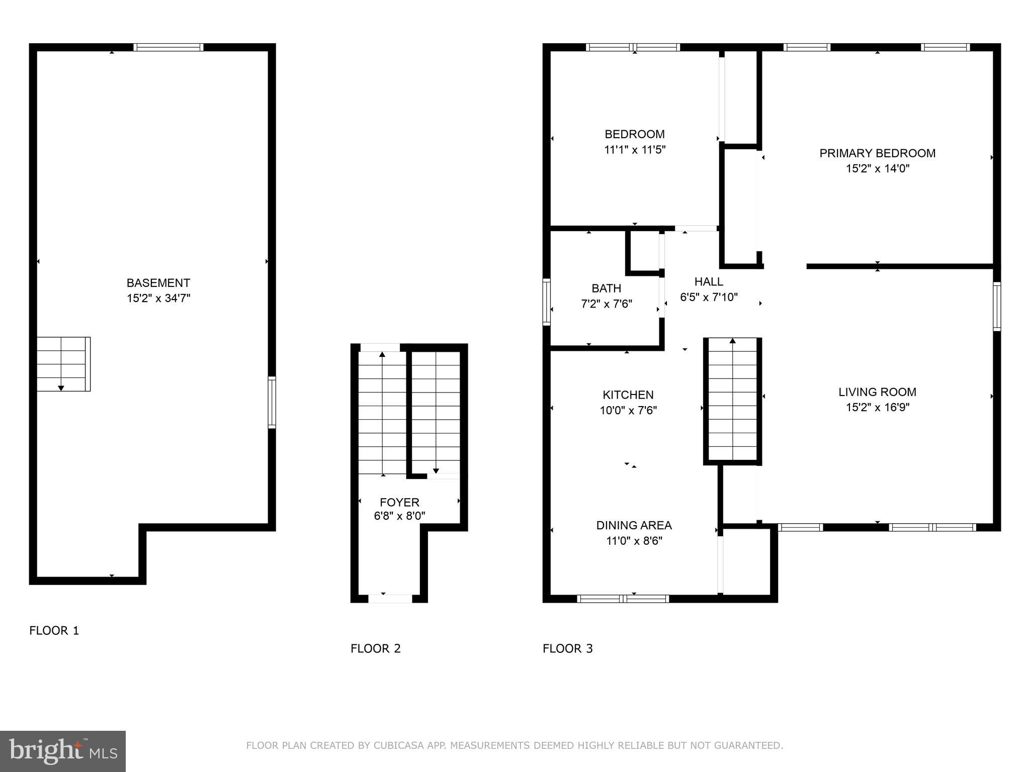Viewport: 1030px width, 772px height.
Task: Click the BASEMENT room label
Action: (x=158, y=283)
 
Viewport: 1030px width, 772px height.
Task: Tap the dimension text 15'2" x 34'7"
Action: (x=158, y=299)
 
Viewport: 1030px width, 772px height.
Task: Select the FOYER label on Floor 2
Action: (x=399, y=502)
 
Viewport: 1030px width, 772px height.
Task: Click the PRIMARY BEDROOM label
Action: (x=877, y=153)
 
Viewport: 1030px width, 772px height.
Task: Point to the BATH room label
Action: (x=606, y=288)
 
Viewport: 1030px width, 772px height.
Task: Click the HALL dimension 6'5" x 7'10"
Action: (x=709, y=297)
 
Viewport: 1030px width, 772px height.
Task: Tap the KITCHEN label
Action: (x=628, y=395)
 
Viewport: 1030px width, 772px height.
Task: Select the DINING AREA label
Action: (x=634, y=525)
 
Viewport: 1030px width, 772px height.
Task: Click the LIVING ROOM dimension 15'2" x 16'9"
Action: (x=877, y=408)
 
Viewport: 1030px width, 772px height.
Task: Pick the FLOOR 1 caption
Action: (x=54, y=630)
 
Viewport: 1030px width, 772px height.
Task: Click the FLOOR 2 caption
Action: (x=375, y=648)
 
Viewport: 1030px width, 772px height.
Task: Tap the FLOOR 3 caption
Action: (x=567, y=648)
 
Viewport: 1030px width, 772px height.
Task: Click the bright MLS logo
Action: (x=62, y=751)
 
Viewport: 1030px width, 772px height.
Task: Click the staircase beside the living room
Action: (x=732, y=400)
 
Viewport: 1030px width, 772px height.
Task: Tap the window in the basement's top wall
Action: (x=168, y=47)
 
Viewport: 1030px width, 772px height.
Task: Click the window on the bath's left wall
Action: (x=547, y=302)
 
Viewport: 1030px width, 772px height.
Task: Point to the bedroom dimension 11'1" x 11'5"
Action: (x=634, y=150)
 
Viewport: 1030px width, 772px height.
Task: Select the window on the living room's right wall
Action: (x=996, y=306)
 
